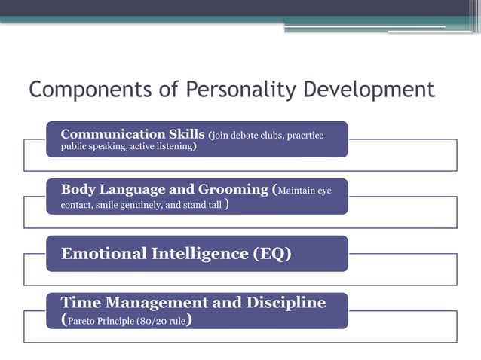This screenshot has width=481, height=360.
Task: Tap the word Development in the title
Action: tap(369, 90)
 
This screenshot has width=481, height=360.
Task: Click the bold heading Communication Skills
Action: tap(133, 134)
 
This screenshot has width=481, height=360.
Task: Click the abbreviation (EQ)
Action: tap(271, 254)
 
